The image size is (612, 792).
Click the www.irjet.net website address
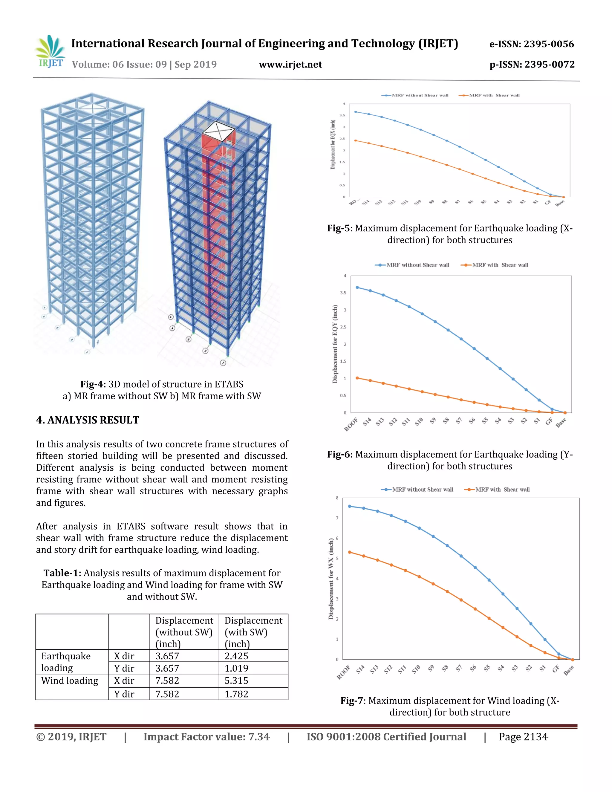coord(290,65)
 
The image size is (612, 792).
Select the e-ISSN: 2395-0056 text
coord(532,44)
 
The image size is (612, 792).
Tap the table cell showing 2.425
coord(236,656)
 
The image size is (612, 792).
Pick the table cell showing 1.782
coord(236,694)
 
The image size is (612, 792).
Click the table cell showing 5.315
coord(236,681)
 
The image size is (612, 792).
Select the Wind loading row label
coord(70,681)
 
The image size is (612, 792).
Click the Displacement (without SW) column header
coord(184,632)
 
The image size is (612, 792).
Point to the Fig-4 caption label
coord(93,384)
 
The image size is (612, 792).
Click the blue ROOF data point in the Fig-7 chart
coord(350,506)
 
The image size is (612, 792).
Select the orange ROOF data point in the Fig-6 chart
coord(357,378)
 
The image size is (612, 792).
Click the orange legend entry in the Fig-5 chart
coord(489,95)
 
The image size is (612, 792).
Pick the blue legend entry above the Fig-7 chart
coord(417,490)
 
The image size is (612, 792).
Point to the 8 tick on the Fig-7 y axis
coord(337,498)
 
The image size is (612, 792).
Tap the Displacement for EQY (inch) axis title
coord(335,344)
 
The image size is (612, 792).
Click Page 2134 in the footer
coord(523,736)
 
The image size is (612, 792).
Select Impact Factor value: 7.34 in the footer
coord(207,736)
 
